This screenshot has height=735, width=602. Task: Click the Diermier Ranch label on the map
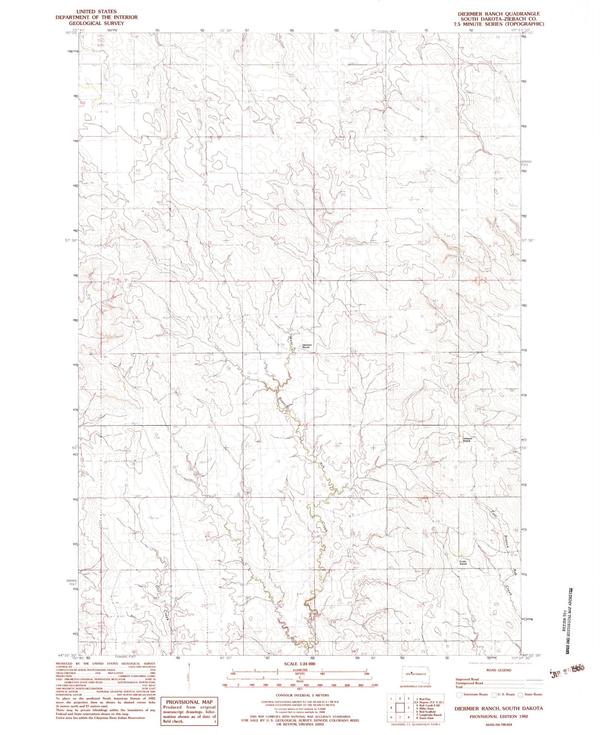[x=308, y=346]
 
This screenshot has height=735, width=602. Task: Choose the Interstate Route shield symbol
[x=459, y=695]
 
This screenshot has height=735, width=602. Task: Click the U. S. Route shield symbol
[x=494, y=695]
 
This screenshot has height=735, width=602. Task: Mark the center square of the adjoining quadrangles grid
[x=401, y=707]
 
